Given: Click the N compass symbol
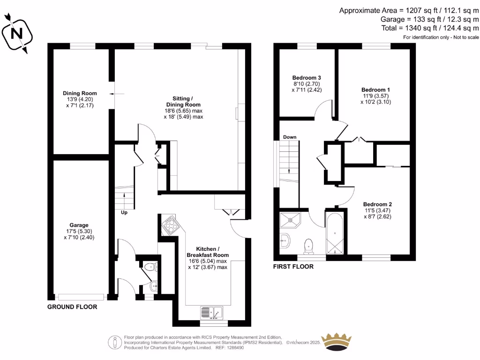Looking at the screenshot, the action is click(17, 34).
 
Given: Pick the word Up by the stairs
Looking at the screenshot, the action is click(124, 212).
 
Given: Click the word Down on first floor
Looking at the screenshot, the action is click(290, 137).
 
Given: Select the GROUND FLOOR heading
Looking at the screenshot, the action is click(72, 307).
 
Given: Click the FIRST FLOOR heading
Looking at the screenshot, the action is click(293, 267).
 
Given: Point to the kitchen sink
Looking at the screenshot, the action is click(211, 313).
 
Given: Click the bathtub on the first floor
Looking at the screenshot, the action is click(335, 233).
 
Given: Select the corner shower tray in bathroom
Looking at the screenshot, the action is click(290, 220).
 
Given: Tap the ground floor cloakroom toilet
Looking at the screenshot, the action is click(150, 267).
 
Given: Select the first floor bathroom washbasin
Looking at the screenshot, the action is click(285, 241).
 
